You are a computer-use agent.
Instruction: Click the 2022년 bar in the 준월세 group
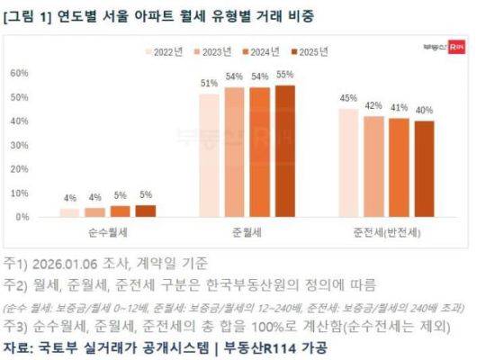(209, 156)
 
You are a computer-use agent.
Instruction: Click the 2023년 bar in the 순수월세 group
(94, 211)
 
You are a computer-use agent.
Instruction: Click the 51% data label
(209, 84)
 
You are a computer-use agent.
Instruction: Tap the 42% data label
(373, 106)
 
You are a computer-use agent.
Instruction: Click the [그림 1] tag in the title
(28, 14)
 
